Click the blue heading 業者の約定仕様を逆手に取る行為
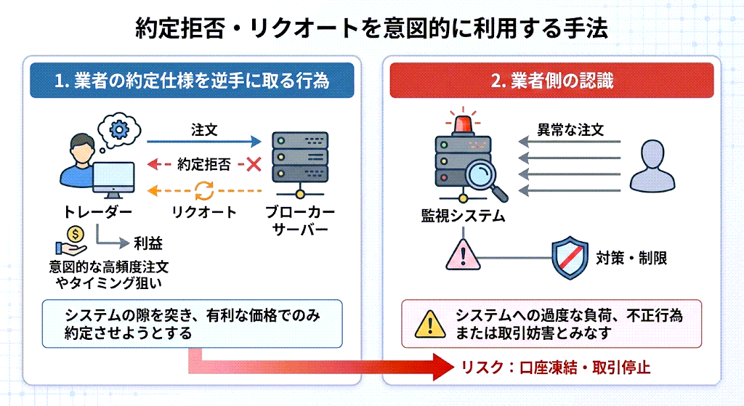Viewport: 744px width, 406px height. (192, 81)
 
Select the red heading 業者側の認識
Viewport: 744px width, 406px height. (551, 81)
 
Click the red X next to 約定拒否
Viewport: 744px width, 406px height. (254, 164)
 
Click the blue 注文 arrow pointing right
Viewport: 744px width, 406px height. (204, 142)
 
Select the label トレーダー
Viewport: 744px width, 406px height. (97, 212)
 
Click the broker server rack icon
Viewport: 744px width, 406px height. (298, 158)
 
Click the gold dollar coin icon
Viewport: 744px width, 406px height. (76, 234)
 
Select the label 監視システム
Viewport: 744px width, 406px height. (463, 216)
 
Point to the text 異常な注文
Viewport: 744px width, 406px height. (570, 130)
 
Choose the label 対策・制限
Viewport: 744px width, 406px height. (631, 257)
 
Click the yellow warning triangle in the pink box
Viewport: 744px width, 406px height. (429, 324)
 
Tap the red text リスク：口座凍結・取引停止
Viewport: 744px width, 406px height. (556, 368)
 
